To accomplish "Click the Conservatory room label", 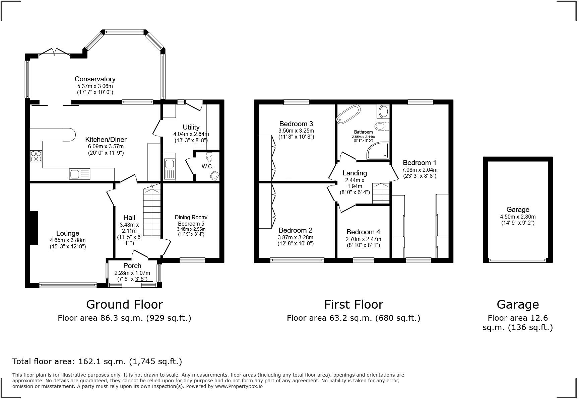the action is coord(95,79).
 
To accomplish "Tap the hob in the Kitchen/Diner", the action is coord(36,156).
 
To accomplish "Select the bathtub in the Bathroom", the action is coord(348,114).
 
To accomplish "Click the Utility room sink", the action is coord(169,169).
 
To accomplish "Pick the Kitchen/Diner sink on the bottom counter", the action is coord(80,174).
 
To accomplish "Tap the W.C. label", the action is coord(207,166).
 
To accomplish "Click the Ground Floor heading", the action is coord(125,304).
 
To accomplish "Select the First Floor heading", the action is coord(353,304).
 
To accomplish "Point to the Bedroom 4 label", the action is coord(363,232).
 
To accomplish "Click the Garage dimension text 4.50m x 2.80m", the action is coord(518,217).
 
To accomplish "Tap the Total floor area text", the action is coord(97,362).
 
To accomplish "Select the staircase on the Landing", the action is coord(381,193).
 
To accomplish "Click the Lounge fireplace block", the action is coord(34,228).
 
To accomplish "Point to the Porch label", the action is coord(132,266).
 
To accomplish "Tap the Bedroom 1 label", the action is coord(420,163).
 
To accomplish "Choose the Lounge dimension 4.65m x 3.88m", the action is coord(68,240).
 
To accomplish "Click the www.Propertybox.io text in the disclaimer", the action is coord(239,386).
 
